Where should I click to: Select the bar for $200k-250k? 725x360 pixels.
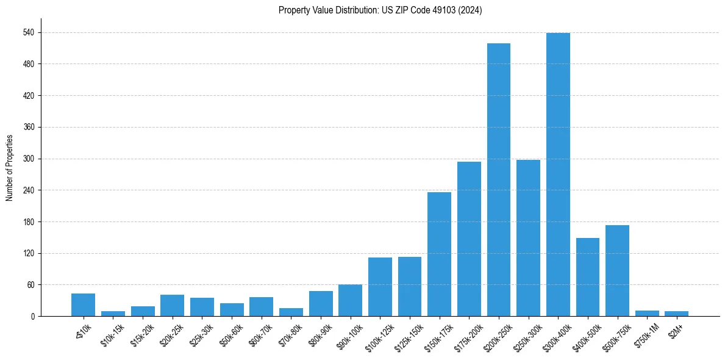coord(498,180)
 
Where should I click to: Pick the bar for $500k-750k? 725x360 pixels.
coord(617,271)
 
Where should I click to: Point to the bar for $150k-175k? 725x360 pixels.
coord(439,254)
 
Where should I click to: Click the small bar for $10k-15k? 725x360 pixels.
coord(113,314)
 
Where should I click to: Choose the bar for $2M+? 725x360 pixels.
coord(676,314)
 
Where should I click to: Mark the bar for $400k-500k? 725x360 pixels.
coord(587,277)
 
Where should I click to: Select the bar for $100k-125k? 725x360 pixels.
coord(380,287)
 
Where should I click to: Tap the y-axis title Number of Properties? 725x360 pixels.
coord(9,168)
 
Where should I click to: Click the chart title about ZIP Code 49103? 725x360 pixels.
coord(380,10)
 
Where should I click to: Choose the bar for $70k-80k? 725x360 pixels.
coord(291,312)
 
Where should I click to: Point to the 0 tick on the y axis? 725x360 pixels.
coord(34,316)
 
